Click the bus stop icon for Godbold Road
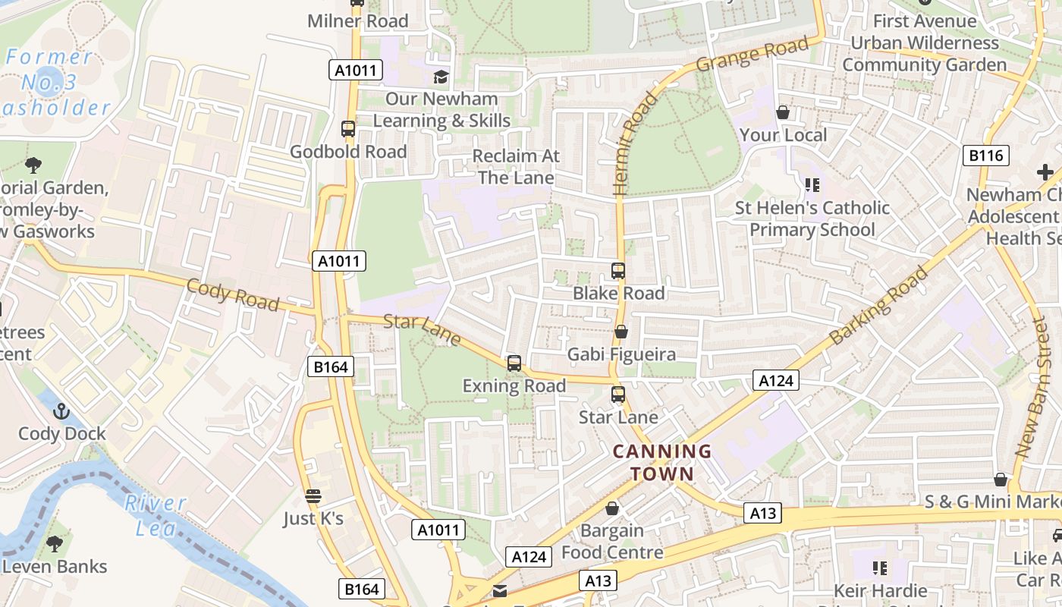tap(348, 129)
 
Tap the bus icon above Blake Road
tap(618, 271)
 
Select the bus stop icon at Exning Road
tap(514, 363)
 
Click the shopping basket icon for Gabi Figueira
tap(621, 332)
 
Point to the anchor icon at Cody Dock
tap(61, 411)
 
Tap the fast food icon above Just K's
tap(313, 496)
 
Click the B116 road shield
tap(986, 156)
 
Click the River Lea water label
tap(155, 514)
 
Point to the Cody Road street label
tap(232, 294)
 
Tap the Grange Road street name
tap(753, 55)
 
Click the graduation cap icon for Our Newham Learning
tap(441, 76)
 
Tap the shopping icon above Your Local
tap(783, 112)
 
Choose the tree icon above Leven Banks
tap(54, 543)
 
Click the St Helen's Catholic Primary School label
tap(812, 219)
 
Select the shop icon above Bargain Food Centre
tap(612, 508)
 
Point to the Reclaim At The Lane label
tap(516, 167)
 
